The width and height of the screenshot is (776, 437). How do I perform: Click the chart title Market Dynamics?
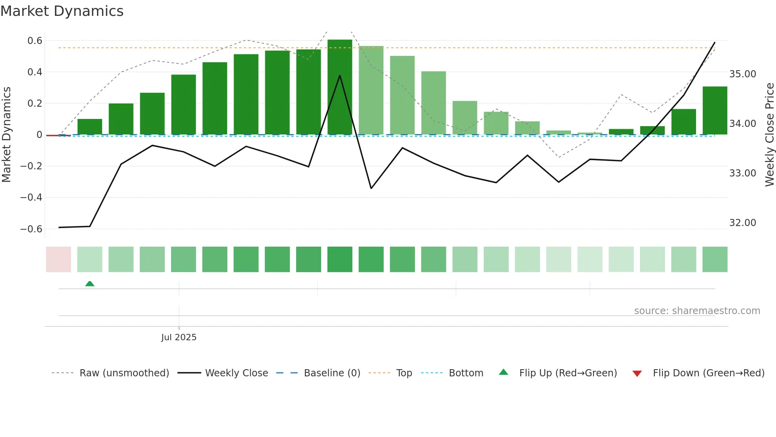pyautogui.click(x=62, y=11)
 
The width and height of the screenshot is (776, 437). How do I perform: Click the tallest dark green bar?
pyautogui.click(x=340, y=87)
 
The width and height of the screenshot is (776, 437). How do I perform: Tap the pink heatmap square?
pyautogui.click(x=59, y=259)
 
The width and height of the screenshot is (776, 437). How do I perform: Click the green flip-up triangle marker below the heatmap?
pyautogui.click(x=90, y=284)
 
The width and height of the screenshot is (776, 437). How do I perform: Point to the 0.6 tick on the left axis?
pyautogui.click(x=35, y=40)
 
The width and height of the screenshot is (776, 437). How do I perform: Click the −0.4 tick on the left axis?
pyautogui.click(x=31, y=197)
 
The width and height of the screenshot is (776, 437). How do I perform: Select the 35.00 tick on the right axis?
pyautogui.click(x=742, y=74)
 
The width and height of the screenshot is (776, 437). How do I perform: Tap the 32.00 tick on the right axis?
pyautogui.click(x=742, y=223)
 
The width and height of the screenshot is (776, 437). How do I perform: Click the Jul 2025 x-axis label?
pyautogui.click(x=179, y=337)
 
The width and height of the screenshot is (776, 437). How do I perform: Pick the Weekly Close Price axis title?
pyautogui.click(x=769, y=134)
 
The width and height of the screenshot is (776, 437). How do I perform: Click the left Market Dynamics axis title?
pyautogui.click(x=6, y=134)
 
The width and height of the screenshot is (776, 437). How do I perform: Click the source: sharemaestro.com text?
pyautogui.click(x=697, y=311)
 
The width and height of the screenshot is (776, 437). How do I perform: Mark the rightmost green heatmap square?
pyautogui.click(x=715, y=259)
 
